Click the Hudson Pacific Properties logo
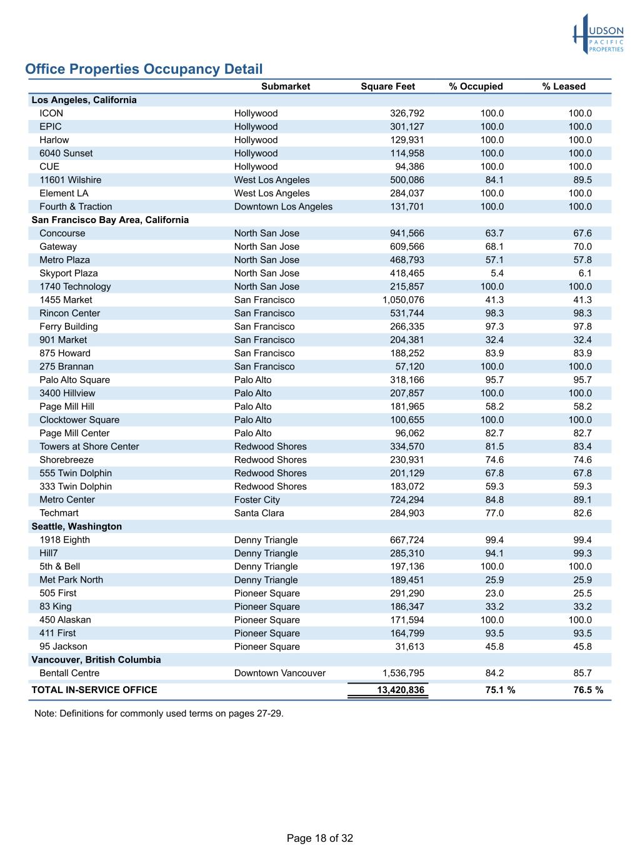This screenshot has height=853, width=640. (598, 34)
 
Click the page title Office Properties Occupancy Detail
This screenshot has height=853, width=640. (144, 69)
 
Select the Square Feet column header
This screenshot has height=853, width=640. (387, 87)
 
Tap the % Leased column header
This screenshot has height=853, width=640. (564, 87)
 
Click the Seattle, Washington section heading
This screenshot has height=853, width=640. (76, 526)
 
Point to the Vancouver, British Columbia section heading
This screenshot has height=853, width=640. (96, 660)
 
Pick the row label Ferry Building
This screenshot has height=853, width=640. (68, 326)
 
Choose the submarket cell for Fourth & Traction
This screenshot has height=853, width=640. (283, 207)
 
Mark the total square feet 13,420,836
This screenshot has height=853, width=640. (400, 690)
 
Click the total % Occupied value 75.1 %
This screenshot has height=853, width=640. (500, 690)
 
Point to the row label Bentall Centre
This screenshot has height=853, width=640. (69, 673)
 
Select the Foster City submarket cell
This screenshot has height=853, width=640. (257, 500)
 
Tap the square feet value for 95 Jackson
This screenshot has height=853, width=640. (409, 647)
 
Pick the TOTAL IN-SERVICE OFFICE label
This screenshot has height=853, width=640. (94, 690)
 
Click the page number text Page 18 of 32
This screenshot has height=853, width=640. (319, 838)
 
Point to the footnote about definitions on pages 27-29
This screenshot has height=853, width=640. (159, 713)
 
